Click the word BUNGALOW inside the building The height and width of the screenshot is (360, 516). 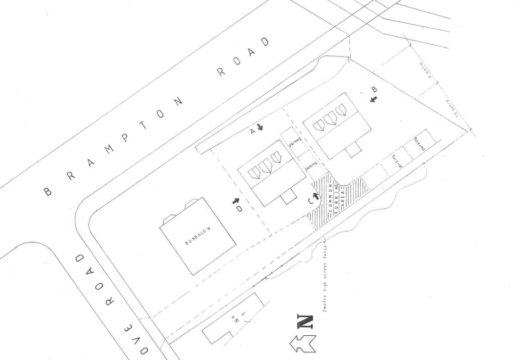click(x=197, y=235)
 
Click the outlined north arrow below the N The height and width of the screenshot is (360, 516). click(x=302, y=343)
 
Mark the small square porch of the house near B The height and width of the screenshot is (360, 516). click(x=354, y=149)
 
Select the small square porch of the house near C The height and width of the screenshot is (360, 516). click(x=289, y=197)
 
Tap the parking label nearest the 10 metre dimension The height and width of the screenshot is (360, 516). click(x=418, y=144)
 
